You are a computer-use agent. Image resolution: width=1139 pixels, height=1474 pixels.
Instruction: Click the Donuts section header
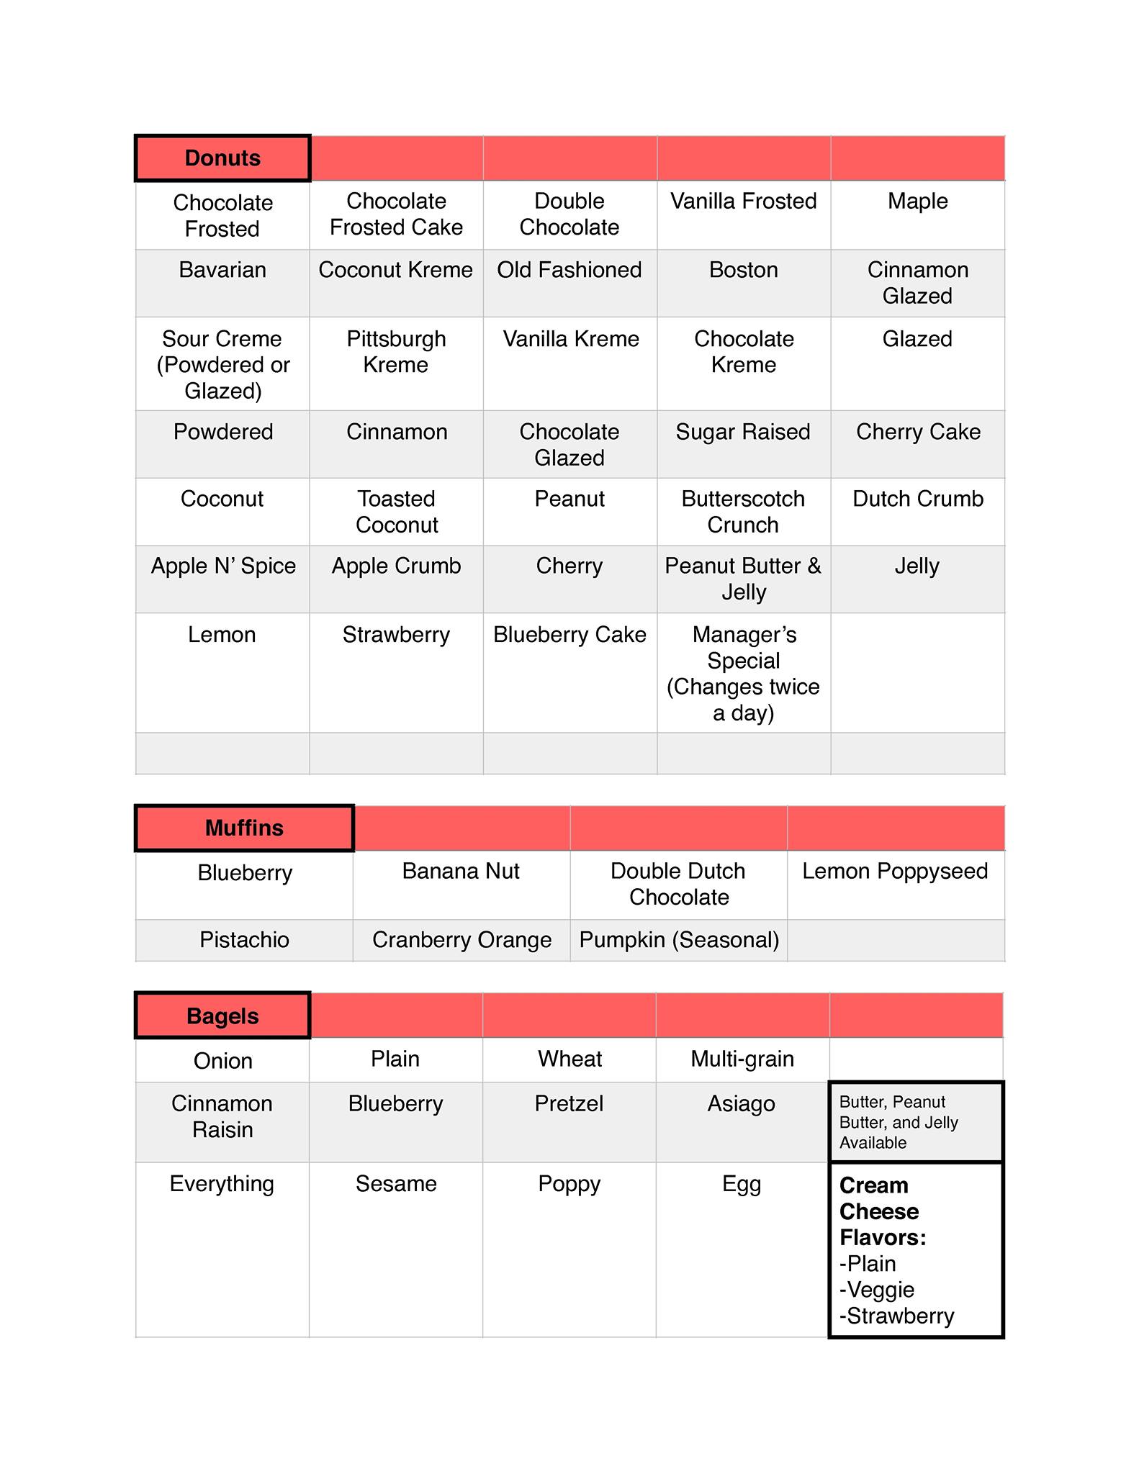[222, 158]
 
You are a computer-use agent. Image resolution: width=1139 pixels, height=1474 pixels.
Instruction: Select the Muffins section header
[244, 828]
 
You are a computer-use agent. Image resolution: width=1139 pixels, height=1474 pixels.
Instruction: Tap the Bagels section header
[222, 1016]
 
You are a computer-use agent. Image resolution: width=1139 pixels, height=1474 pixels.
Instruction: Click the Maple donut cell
[917, 202]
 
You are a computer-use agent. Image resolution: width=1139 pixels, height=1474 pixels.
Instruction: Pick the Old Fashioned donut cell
[569, 270]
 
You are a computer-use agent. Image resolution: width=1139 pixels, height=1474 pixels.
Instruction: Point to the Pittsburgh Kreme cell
[396, 352]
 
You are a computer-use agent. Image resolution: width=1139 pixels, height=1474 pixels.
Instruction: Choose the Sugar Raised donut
[743, 432]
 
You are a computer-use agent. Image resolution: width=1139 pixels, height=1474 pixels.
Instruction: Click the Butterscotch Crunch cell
[743, 512]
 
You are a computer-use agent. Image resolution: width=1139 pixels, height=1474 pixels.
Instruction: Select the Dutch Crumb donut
[917, 499]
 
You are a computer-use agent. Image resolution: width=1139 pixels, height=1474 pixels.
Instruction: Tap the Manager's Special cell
[743, 673]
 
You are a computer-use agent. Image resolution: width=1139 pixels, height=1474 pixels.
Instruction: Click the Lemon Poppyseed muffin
[895, 871]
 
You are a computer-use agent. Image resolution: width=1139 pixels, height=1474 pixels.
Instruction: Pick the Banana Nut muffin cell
[461, 871]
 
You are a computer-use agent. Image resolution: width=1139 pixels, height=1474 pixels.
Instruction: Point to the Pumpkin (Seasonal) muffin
[679, 939]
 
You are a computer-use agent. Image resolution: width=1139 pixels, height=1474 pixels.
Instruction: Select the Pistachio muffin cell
[244, 939]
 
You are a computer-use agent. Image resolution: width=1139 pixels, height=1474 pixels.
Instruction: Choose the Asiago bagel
[742, 1103]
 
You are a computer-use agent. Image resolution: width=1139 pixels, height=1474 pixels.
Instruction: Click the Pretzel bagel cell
[569, 1103]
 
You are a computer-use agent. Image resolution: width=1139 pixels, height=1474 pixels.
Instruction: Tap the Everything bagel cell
[222, 1184]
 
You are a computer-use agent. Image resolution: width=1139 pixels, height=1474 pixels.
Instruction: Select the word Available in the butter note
[873, 1143]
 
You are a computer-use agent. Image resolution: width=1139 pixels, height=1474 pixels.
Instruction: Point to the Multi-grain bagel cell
[742, 1059]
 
